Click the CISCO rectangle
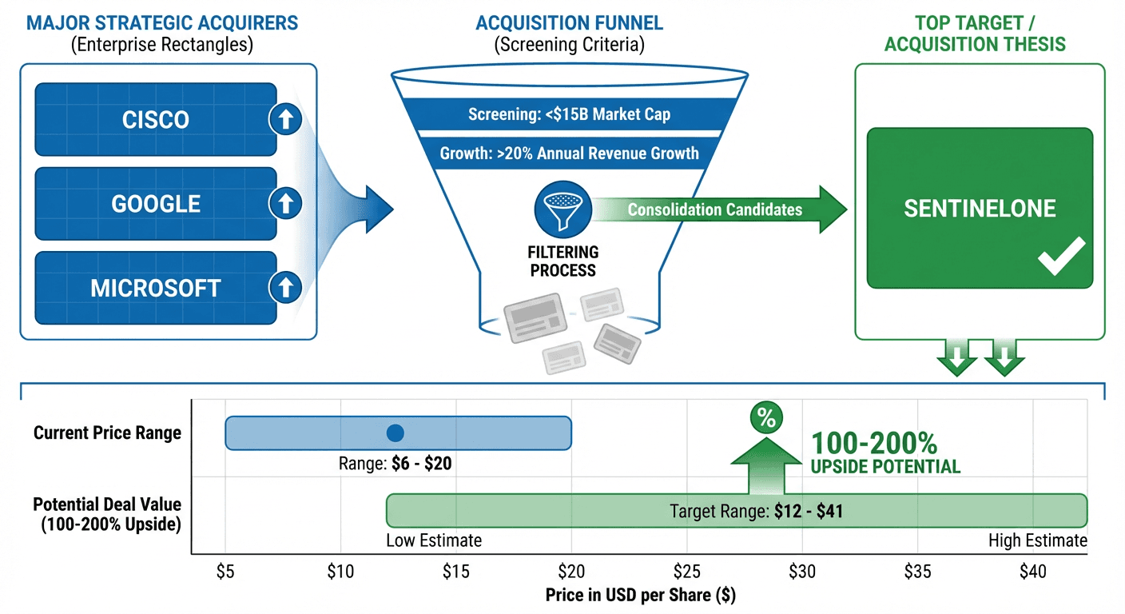156,120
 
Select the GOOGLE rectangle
156,204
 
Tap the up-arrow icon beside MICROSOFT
285,287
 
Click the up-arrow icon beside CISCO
285,120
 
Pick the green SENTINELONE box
980,208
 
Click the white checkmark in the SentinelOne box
1061,257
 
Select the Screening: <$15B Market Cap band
569,114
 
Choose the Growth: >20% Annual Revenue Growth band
569,153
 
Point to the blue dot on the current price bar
395,433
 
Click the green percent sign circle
766,418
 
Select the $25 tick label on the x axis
686,572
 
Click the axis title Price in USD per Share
640,596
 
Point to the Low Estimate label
434,540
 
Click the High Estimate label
1037,540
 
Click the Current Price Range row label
107,433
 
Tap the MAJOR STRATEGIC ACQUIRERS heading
162,22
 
